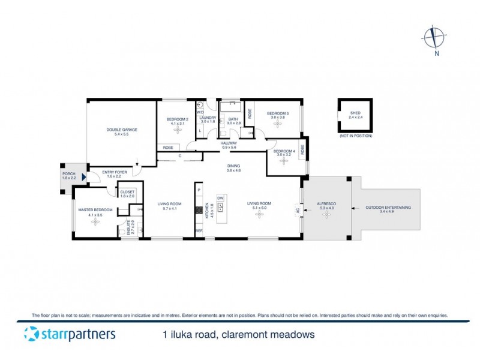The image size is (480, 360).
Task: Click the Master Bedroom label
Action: pyautogui.click(x=95, y=210)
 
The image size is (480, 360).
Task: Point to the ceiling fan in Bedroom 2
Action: pyautogui.click(x=177, y=130)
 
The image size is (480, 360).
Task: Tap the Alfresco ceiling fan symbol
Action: pyautogui.click(x=326, y=214)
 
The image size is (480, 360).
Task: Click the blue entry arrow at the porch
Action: pyautogui.click(x=84, y=178)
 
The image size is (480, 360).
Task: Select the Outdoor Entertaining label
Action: pyautogui.click(x=388, y=207)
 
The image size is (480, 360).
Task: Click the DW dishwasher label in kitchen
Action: pyautogui.click(x=220, y=197)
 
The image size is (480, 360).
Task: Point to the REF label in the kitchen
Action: pyautogui.click(x=199, y=231)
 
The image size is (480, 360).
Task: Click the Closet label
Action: pyautogui.click(x=127, y=192)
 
